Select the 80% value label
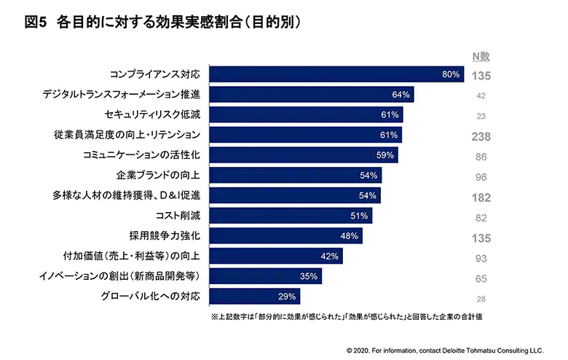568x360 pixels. point(451,74)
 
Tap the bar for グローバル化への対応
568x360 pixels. point(255,297)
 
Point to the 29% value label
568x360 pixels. point(286,297)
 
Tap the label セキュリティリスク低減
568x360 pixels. point(157,115)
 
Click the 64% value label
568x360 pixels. point(401,95)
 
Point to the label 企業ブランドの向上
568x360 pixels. point(163,176)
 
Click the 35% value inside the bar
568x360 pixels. point(309,276)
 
